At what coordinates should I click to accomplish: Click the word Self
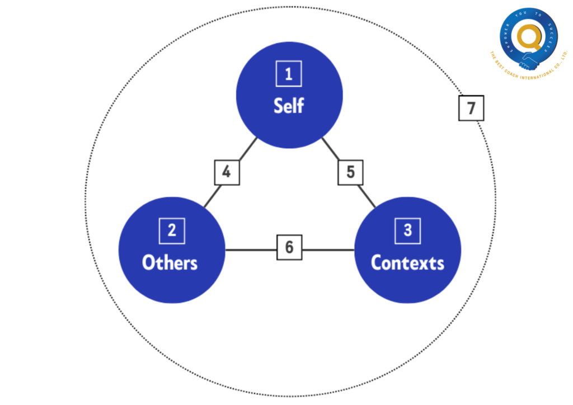click(289, 105)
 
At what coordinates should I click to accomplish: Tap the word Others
click(170, 262)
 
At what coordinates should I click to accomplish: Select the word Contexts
click(407, 262)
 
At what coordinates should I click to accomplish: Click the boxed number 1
click(289, 74)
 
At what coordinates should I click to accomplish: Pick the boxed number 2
click(172, 230)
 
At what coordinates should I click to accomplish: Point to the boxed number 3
click(407, 230)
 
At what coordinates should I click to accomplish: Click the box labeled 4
click(227, 172)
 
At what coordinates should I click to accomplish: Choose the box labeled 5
click(350, 172)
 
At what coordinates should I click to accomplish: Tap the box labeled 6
click(289, 247)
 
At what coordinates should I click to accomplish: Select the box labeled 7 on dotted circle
click(471, 108)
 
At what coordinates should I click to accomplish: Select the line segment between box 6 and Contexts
click(328, 249)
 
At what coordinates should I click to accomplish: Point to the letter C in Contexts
click(378, 262)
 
